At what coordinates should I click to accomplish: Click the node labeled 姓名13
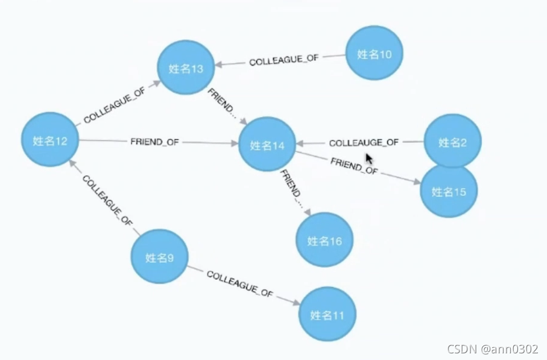click(x=186, y=68)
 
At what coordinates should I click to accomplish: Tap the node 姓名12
click(x=50, y=141)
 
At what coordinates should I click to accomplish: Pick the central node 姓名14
click(x=267, y=145)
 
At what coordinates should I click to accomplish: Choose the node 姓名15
click(x=449, y=191)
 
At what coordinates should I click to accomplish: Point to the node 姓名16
click(x=324, y=241)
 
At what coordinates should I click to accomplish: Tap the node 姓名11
click(x=327, y=314)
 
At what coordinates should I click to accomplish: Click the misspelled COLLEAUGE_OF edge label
click(x=364, y=143)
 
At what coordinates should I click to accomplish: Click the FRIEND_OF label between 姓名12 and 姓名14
click(x=154, y=142)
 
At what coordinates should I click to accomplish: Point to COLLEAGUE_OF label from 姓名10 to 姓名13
click(x=283, y=60)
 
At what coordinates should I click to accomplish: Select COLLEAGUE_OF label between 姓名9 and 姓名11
click(x=240, y=283)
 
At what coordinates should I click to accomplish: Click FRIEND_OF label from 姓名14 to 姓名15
click(x=354, y=166)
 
